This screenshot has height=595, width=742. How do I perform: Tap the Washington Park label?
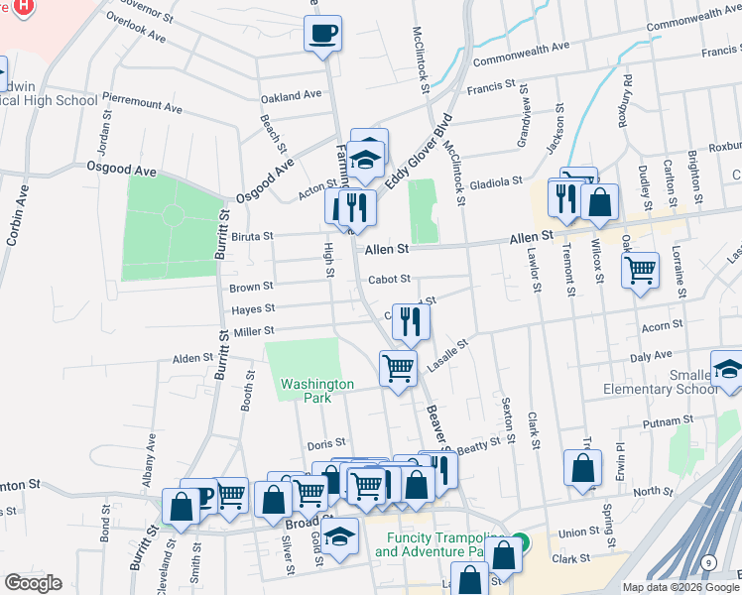point(316,390)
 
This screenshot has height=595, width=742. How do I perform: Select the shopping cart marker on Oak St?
point(641,268)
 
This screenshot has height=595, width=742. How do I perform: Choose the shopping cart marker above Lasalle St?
point(399,368)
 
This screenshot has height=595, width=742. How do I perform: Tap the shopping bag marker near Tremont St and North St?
point(582,468)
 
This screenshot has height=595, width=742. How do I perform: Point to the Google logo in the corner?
point(32,583)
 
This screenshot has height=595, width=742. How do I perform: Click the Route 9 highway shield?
point(706,563)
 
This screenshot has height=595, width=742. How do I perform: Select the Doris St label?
point(325,442)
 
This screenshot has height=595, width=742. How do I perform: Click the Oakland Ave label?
point(291,96)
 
